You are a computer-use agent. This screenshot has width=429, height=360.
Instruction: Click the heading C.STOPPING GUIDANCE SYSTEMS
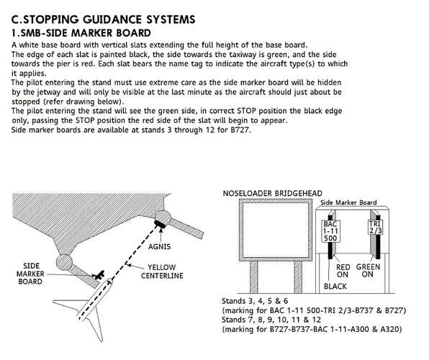pyautogui.click(x=103, y=19)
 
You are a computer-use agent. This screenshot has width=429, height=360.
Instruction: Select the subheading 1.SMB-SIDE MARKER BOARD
pyautogui.click(x=81, y=33)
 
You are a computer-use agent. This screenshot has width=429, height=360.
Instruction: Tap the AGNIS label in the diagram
pyautogui.click(x=160, y=247)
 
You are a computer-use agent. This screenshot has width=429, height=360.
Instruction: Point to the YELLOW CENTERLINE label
pyautogui.click(x=162, y=271)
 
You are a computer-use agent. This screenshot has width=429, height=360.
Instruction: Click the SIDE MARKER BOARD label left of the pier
pyautogui.click(x=30, y=274)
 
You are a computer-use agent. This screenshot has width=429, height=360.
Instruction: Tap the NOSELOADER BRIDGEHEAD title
pyautogui.click(x=273, y=193)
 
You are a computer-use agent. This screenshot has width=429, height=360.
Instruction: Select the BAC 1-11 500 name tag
pyautogui.click(x=330, y=231)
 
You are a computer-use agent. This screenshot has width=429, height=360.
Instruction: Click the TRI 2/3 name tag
pyautogui.click(x=375, y=228)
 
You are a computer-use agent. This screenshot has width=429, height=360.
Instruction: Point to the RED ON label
pyautogui.click(x=343, y=271)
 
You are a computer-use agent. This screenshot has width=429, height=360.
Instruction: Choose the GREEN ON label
pyautogui.click(x=368, y=271)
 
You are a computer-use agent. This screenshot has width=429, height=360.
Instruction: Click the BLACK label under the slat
pyautogui.click(x=335, y=287)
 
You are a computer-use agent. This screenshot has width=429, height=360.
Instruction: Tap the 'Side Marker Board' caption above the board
pyautogui.click(x=348, y=202)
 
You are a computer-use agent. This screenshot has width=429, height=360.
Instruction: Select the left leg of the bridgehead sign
pyautogui.click(x=253, y=276)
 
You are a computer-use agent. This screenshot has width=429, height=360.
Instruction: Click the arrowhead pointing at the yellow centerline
pyautogui.click(x=128, y=265)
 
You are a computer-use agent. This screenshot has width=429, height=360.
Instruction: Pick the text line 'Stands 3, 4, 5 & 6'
pyautogui.click(x=255, y=301)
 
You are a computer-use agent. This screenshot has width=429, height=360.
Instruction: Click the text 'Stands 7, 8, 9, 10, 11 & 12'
pyautogui.click(x=271, y=320)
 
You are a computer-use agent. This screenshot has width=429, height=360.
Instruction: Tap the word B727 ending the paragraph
pyautogui.click(x=240, y=130)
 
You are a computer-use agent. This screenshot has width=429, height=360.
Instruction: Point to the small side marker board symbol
pyautogui.click(x=99, y=274)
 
